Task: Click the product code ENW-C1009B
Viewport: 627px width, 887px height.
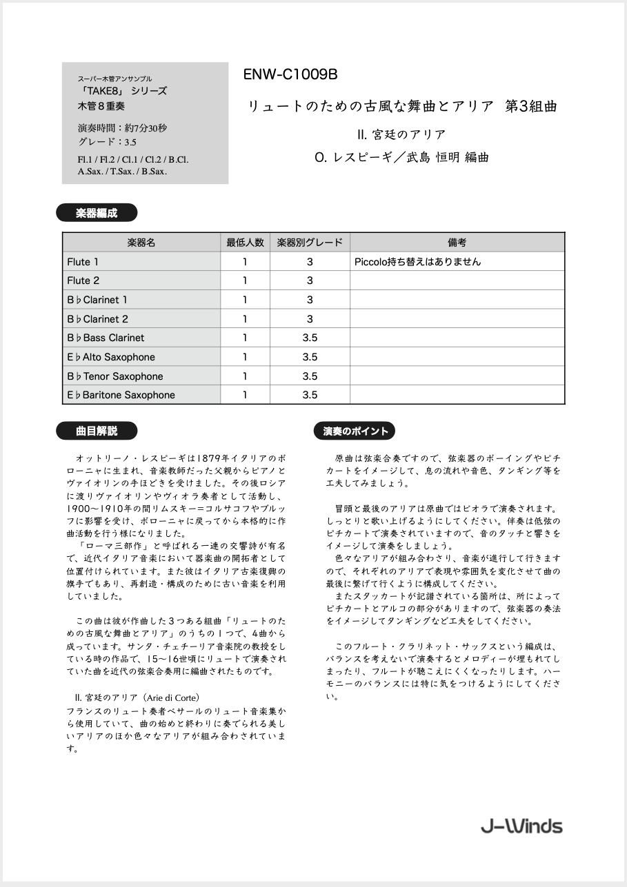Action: pyautogui.click(x=290, y=75)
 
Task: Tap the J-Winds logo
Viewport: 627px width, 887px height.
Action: pyautogui.click(x=521, y=826)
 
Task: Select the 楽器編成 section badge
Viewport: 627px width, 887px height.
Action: pyautogui.click(x=97, y=213)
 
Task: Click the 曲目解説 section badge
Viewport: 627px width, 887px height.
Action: pyautogui.click(x=97, y=431)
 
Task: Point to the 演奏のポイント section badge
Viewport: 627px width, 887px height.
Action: pyautogui.click(x=355, y=431)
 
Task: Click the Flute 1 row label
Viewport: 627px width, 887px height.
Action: pyautogui.click(x=83, y=262)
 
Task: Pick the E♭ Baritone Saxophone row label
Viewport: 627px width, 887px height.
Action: pyautogui.click(x=121, y=395)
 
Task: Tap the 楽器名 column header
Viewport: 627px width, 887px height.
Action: pyautogui.click(x=141, y=243)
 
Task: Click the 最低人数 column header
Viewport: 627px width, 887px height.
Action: pyautogui.click(x=245, y=243)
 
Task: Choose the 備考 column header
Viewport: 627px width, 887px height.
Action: pyautogui.click(x=457, y=243)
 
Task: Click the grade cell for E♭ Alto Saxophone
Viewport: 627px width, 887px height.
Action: pyautogui.click(x=310, y=357)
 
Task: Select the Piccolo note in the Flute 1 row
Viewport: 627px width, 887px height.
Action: pyautogui.click(x=417, y=262)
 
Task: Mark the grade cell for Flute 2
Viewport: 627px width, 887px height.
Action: pyautogui.click(x=310, y=281)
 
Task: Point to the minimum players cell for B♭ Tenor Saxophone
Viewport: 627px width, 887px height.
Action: pyautogui.click(x=245, y=376)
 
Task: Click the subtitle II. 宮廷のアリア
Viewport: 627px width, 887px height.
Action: pyautogui.click(x=401, y=134)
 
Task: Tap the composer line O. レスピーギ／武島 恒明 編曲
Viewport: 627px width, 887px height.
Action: pyautogui.click(x=401, y=157)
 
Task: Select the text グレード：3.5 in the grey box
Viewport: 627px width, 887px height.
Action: pyautogui.click(x=107, y=142)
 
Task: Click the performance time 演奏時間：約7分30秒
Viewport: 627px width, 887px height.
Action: pyautogui.click(x=122, y=128)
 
